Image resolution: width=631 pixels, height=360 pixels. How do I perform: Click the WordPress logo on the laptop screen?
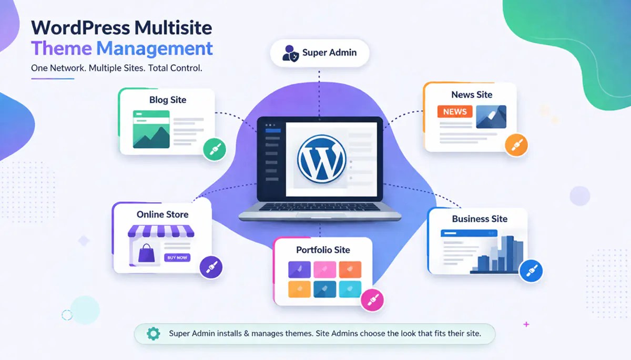321,158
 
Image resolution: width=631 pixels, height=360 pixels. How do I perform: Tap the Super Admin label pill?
320,53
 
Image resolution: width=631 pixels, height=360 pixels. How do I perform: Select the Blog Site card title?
167,100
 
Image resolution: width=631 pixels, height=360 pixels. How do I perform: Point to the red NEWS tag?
455,111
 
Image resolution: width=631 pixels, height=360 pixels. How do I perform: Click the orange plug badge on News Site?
516,145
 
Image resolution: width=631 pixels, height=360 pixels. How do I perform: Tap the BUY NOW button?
177,258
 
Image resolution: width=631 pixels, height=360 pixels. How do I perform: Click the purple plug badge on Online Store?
211,267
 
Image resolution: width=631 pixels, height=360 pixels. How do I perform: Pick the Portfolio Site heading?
323,250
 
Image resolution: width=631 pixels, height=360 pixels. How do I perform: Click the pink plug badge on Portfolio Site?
372,301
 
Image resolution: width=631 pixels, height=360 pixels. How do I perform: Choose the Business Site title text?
480,219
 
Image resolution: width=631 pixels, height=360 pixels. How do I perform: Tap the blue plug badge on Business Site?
530,271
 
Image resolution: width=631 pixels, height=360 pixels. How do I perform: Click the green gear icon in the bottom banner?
153,333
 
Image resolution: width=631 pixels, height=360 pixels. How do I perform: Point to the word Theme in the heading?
62,48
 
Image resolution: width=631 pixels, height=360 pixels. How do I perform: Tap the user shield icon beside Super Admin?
291,53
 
